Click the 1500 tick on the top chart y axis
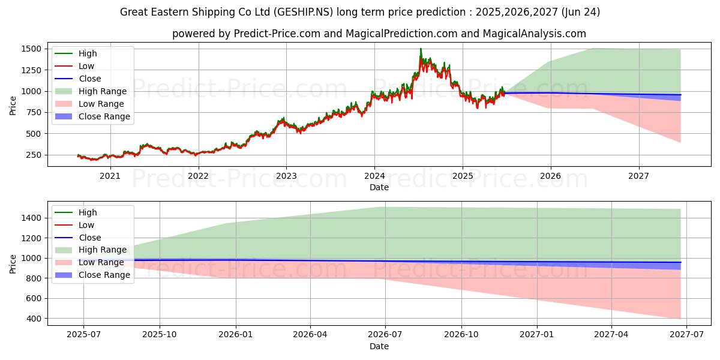pos(31,49)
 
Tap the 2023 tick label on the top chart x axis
pos(286,176)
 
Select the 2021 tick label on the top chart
pos(110,176)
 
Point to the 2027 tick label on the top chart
pos(638,176)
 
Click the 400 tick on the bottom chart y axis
pos(34,319)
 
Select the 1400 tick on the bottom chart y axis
pos(31,218)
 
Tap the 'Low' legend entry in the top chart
pos(86,66)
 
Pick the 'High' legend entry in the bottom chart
pos(88,212)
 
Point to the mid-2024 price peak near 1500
pos(421,50)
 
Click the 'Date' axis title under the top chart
pos(379,187)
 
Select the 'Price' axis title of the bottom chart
pos(13,263)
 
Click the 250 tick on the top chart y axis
pos(34,155)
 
